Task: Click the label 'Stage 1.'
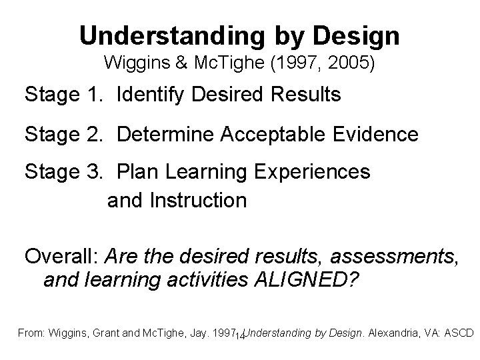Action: [x=64, y=95]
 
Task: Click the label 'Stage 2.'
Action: [x=64, y=134]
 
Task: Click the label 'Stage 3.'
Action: [x=64, y=172]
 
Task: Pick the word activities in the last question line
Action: [x=206, y=280]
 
